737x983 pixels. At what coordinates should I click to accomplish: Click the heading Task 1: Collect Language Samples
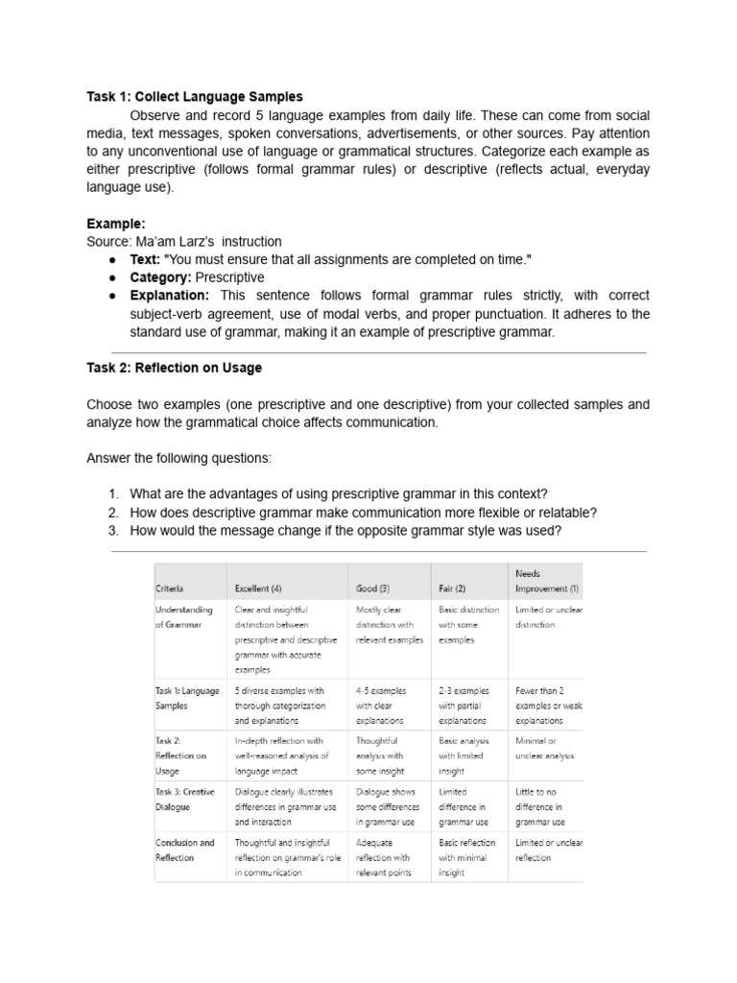tap(194, 97)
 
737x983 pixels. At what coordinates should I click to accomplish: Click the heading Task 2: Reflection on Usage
tap(174, 368)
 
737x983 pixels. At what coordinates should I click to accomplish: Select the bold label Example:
tap(116, 224)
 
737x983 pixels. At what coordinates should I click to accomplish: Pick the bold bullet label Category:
tap(161, 277)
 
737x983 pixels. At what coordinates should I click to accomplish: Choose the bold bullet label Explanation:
tap(169, 296)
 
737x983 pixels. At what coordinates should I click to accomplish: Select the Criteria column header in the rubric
tap(169, 588)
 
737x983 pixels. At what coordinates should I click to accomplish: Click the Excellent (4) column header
tap(258, 588)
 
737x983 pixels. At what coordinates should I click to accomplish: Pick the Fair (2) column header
tap(452, 588)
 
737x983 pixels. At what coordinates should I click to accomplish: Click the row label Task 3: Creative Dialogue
tap(184, 799)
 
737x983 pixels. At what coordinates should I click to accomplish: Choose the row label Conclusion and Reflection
tap(184, 850)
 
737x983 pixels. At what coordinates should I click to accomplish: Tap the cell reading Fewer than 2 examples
tap(548, 705)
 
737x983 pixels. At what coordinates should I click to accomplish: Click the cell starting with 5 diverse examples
tap(279, 705)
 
